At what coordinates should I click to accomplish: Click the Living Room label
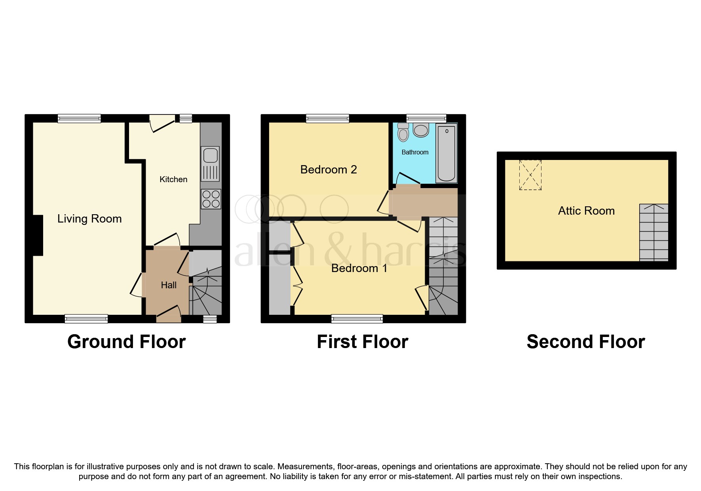point(89,219)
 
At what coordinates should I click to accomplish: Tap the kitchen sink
point(210,163)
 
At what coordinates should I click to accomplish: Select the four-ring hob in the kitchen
point(211,199)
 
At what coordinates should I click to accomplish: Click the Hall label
point(169,285)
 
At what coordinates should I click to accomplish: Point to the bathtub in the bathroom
point(446,153)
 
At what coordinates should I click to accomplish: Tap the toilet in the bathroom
point(403,132)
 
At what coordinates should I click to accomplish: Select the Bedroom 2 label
point(329,169)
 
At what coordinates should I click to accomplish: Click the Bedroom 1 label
point(359,268)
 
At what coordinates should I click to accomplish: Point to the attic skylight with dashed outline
point(530,175)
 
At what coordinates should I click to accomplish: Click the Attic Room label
point(586,211)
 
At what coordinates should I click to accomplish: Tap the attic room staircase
point(654,232)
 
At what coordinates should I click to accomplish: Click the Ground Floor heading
point(126,342)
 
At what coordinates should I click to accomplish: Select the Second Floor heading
point(585,342)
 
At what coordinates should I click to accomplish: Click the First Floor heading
point(362,342)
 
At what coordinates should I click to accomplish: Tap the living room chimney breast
point(37,235)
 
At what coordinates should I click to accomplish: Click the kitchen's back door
point(162,122)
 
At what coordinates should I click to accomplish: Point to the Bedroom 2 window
point(327,118)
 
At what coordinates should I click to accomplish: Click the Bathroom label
point(415,152)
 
